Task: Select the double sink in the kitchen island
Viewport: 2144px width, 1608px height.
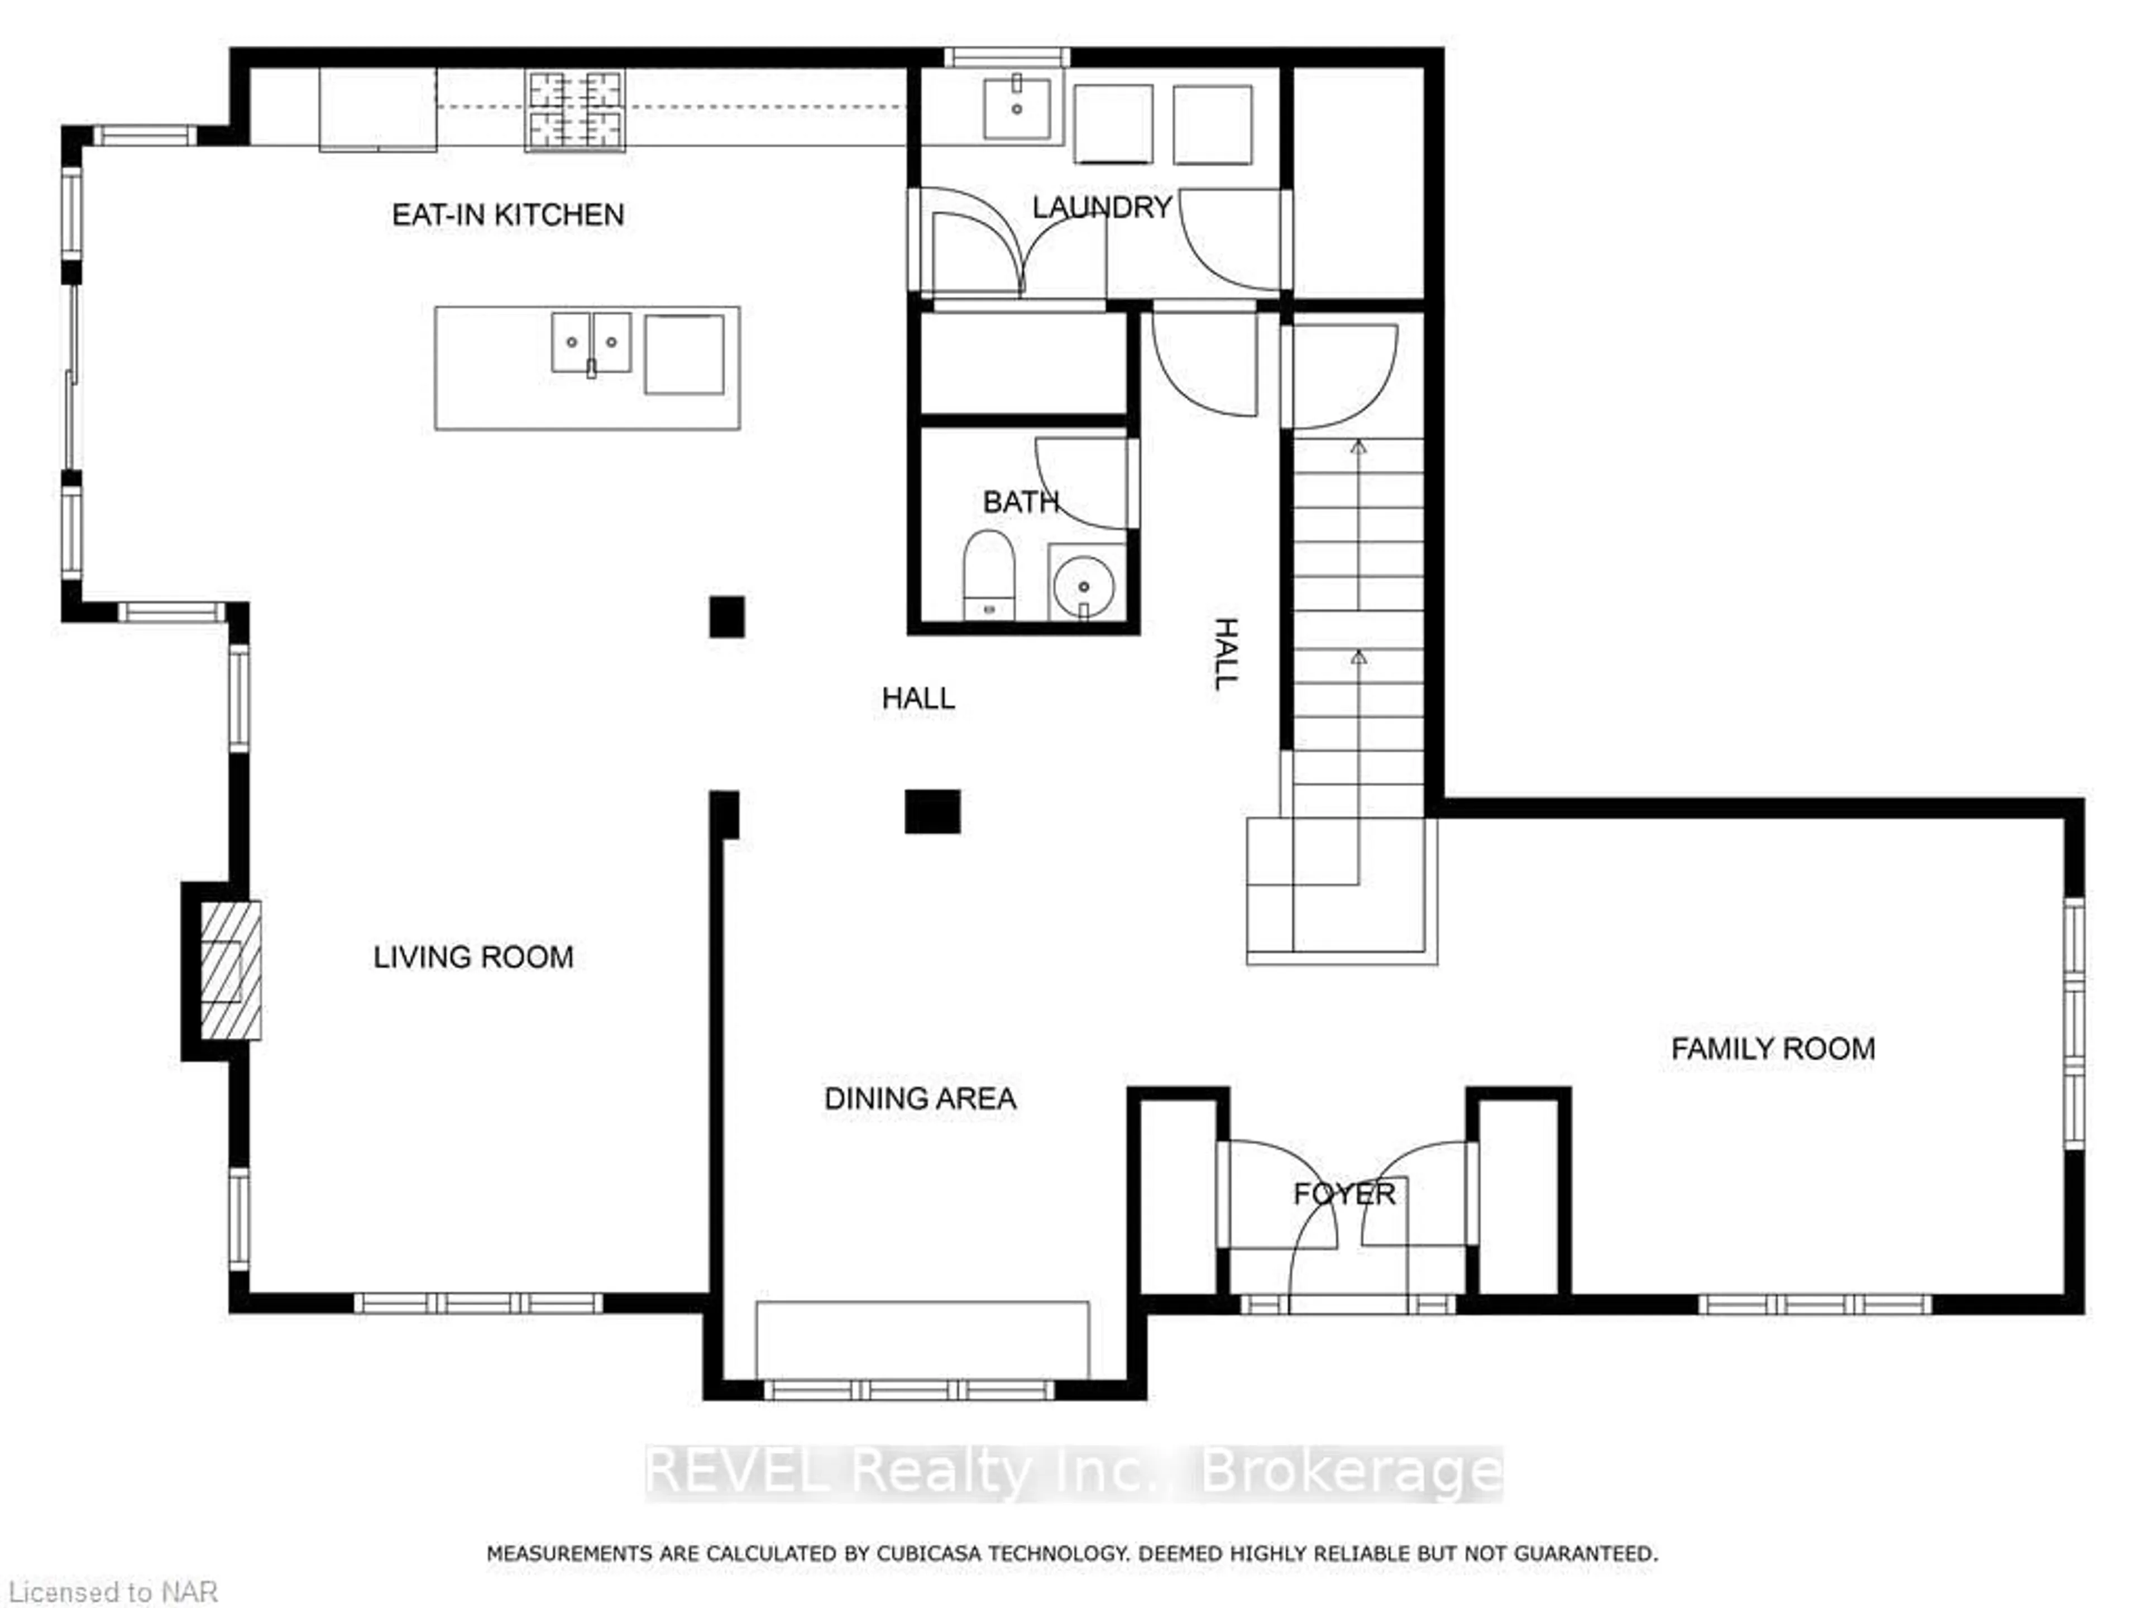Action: tap(591, 342)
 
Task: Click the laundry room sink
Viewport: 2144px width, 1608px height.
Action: tap(1017, 108)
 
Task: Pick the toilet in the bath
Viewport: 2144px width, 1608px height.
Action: tap(989, 574)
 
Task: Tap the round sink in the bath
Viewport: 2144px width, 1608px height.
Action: tap(1084, 586)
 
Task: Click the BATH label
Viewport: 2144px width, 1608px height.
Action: tap(1020, 502)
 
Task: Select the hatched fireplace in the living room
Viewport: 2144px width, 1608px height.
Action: tap(229, 970)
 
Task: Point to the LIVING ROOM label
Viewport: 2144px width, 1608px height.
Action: tap(473, 958)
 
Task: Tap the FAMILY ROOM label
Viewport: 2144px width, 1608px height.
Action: tap(1773, 1048)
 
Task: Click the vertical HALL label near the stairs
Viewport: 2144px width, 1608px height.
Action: tap(1226, 653)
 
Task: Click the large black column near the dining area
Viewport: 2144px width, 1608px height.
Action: tap(932, 811)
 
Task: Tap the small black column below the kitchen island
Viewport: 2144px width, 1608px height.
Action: tap(727, 616)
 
